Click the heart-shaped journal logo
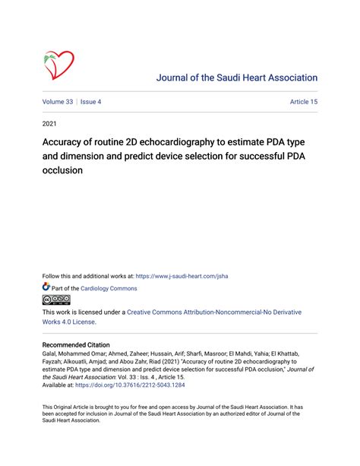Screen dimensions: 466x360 [58, 65]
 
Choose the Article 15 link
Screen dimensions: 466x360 [303, 101]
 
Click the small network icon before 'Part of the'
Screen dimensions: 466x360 [46, 288]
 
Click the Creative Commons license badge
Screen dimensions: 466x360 [56, 300]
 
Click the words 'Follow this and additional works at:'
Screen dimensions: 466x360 [88, 277]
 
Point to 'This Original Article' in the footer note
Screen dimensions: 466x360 [71, 407]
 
